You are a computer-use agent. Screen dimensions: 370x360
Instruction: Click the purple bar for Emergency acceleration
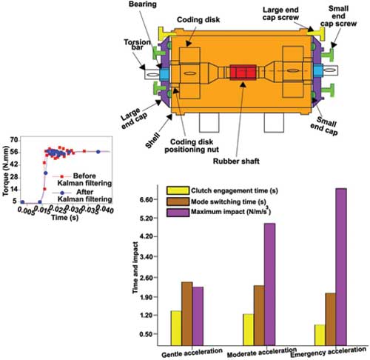click(341, 267)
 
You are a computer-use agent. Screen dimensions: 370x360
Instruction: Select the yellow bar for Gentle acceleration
click(176, 328)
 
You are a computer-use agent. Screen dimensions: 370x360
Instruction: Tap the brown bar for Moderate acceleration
click(259, 316)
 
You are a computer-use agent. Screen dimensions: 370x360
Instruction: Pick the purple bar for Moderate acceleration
click(270, 284)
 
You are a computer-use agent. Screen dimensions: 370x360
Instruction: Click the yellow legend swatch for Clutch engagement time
click(178, 190)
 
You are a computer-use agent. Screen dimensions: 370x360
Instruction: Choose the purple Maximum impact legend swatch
click(178, 213)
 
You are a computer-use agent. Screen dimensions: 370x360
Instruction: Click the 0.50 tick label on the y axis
click(147, 334)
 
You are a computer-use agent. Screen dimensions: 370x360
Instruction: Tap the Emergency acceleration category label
click(328, 353)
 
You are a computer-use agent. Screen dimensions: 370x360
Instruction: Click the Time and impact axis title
click(135, 267)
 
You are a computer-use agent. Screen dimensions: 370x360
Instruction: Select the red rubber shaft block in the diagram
click(243, 73)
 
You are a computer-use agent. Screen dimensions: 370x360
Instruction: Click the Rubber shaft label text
click(236, 161)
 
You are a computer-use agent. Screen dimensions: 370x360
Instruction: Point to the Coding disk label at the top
click(198, 20)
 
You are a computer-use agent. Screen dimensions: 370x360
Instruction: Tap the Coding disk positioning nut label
click(192, 146)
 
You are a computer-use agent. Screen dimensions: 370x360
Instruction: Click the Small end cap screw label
click(338, 16)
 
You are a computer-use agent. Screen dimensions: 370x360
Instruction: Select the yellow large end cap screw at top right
click(316, 32)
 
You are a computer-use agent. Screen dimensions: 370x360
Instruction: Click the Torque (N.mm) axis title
click(5, 171)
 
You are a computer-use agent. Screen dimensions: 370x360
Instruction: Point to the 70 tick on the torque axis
click(14, 140)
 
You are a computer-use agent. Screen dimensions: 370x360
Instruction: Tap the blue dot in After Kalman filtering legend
click(62, 193)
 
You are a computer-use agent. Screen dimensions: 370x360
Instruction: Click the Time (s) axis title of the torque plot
click(65, 218)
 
